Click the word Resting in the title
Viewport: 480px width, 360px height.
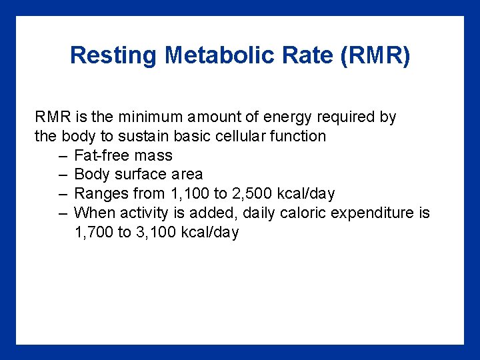point(113,55)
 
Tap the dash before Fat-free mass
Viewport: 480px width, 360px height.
point(63,156)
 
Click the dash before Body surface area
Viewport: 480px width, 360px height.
point(63,175)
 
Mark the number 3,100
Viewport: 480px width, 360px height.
point(156,233)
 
